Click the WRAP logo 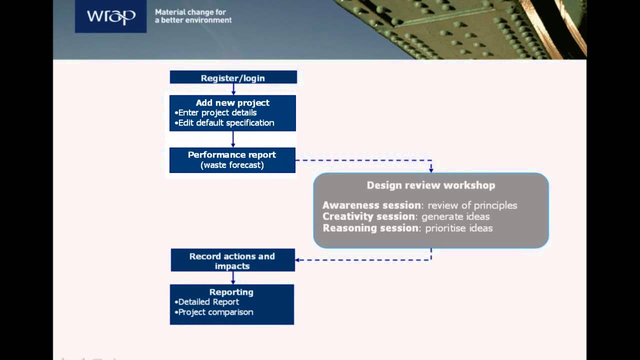click(x=110, y=16)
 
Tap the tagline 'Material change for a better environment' click(x=193, y=16)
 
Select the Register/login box click(x=233, y=77)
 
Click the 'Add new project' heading click(x=232, y=102)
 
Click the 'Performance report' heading click(x=232, y=154)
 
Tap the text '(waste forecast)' click(x=232, y=165)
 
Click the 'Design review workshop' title click(x=431, y=185)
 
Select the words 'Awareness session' click(x=371, y=205)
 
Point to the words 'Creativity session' click(x=368, y=216)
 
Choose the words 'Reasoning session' click(x=370, y=228)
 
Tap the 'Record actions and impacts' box click(x=232, y=260)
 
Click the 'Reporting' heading click(x=231, y=292)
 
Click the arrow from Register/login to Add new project click(x=233, y=89)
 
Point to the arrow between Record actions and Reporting click(x=233, y=278)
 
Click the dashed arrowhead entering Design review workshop click(x=431, y=169)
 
